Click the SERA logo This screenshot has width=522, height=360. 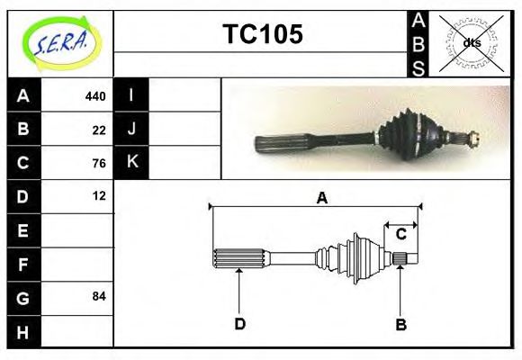click(60, 42)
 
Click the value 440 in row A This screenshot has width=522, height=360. click(95, 95)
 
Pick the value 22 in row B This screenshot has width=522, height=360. click(99, 129)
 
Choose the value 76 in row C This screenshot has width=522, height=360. click(99, 163)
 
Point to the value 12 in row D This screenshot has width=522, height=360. click(99, 195)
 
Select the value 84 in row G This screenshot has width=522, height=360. click(99, 296)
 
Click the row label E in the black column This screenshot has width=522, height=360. click(23, 230)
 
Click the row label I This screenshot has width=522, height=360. click(131, 95)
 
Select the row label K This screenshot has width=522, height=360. click(131, 163)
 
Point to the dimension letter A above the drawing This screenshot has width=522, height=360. click(321, 199)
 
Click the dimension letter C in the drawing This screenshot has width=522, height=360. click(401, 234)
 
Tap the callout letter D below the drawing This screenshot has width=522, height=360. click(239, 324)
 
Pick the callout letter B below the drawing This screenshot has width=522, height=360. click(401, 324)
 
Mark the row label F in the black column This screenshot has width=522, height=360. click(23, 264)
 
